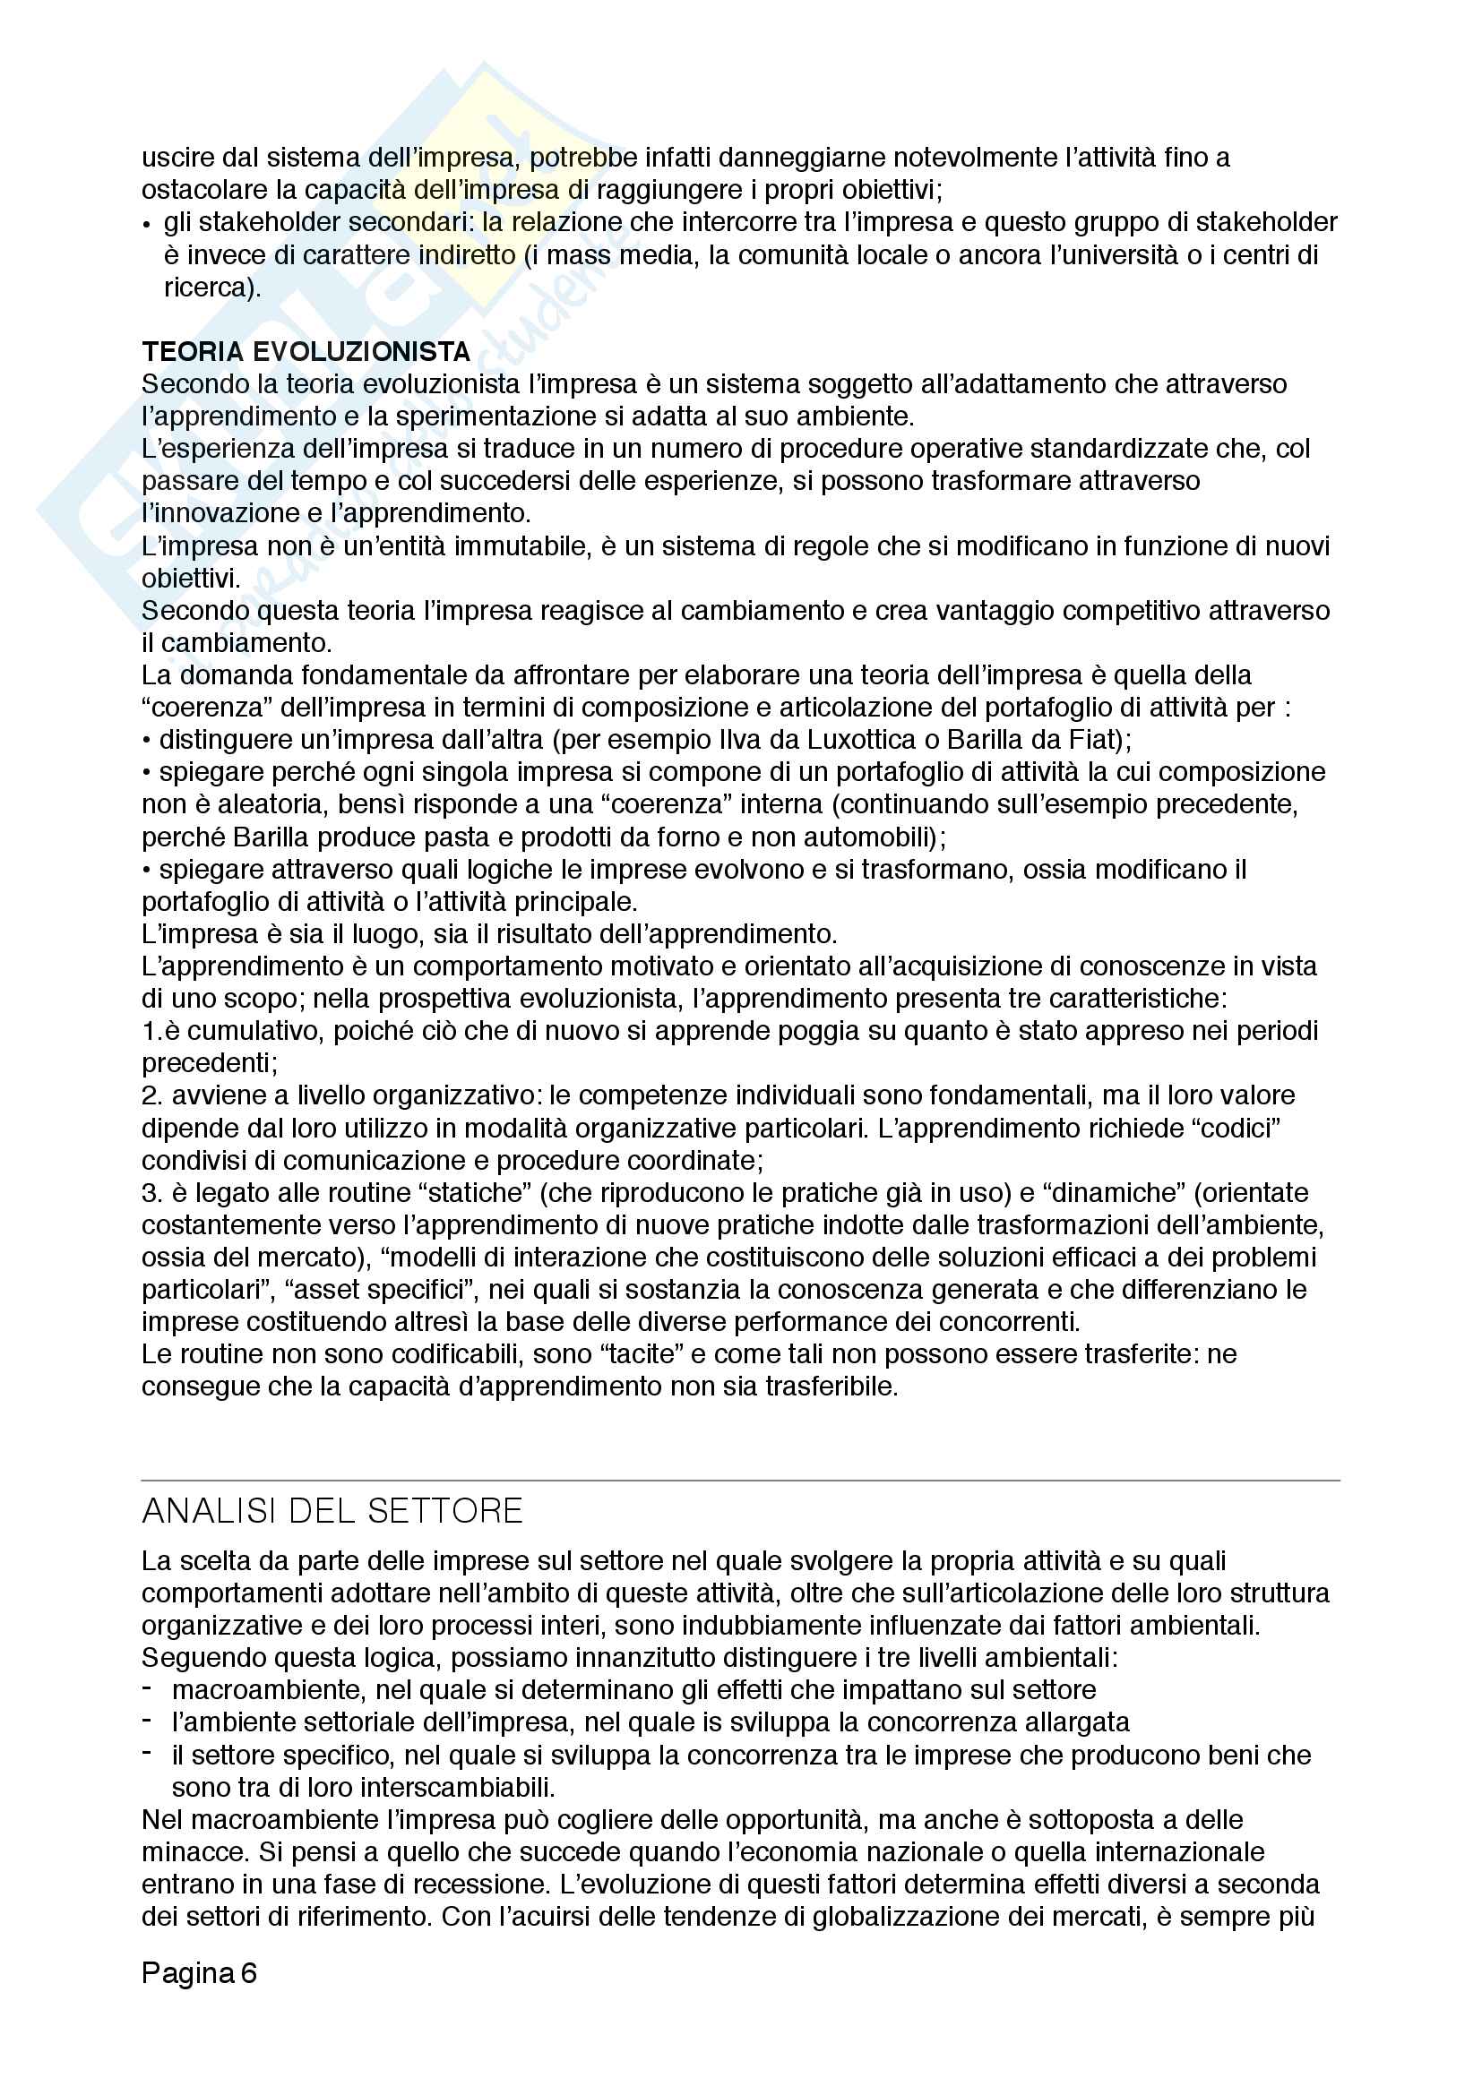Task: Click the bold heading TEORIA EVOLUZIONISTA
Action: (x=306, y=351)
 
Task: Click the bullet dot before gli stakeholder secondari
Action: (x=147, y=224)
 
